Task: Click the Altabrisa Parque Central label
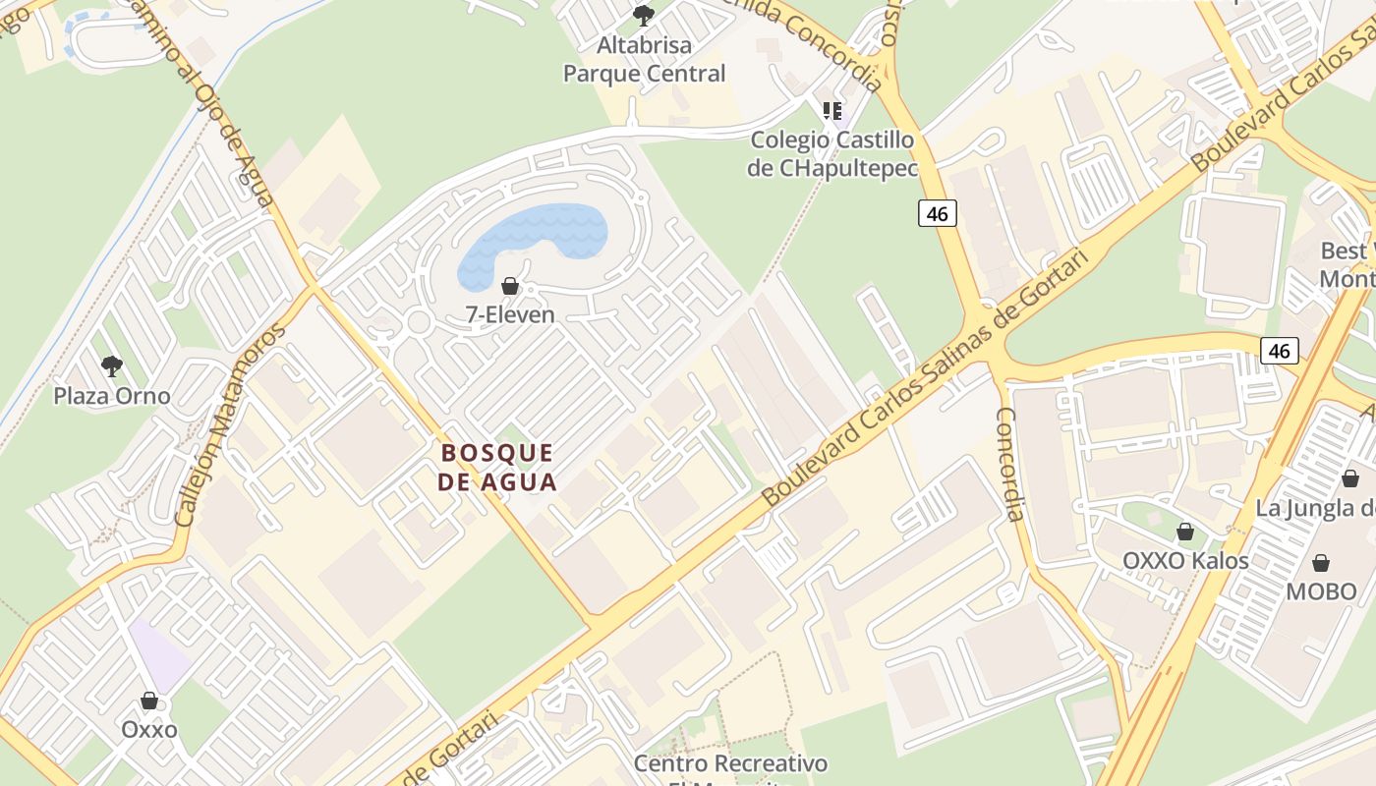click(x=644, y=59)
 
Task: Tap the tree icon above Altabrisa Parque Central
click(x=644, y=15)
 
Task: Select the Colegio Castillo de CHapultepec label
click(x=832, y=153)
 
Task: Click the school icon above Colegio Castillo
click(x=832, y=111)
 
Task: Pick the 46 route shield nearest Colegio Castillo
click(x=938, y=213)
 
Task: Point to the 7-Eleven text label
click(x=510, y=315)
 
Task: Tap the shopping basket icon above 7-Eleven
click(x=510, y=286)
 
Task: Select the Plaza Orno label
click(x=112, y=396)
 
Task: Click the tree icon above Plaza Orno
click(x=112, y=366)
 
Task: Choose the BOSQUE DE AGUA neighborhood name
click(x=498, y=467)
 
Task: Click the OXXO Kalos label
click(x=1185, y=561)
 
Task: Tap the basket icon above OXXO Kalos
click(x=1185, y=532)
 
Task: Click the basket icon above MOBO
click(x=1321, y=563)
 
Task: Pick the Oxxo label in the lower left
click(x=149, y=730)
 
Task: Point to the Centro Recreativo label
click(x=730, y=763)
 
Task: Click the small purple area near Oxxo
click(x=159, y=653)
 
